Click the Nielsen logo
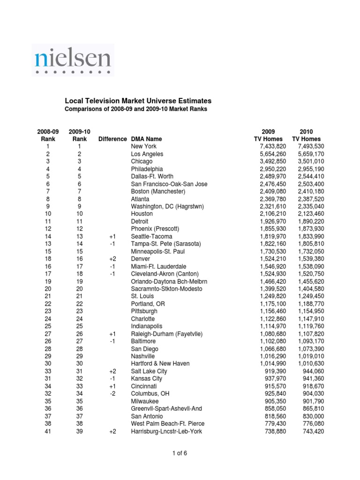[73, 60]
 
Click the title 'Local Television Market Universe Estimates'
[137, 101]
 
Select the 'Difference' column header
[112, 139]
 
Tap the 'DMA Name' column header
[147, 139]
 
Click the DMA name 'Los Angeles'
[147, 154]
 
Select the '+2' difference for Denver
[112, 259]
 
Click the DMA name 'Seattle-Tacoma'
[151, 236]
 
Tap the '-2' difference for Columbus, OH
[112, 394]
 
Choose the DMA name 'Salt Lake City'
[149, 371]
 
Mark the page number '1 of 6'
[180, 453]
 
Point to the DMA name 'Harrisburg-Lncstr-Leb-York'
[166, 431]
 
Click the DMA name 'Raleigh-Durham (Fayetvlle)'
[167, 334]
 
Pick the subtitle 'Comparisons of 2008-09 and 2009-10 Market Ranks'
[135, 109]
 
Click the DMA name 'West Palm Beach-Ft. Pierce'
[168, 424]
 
